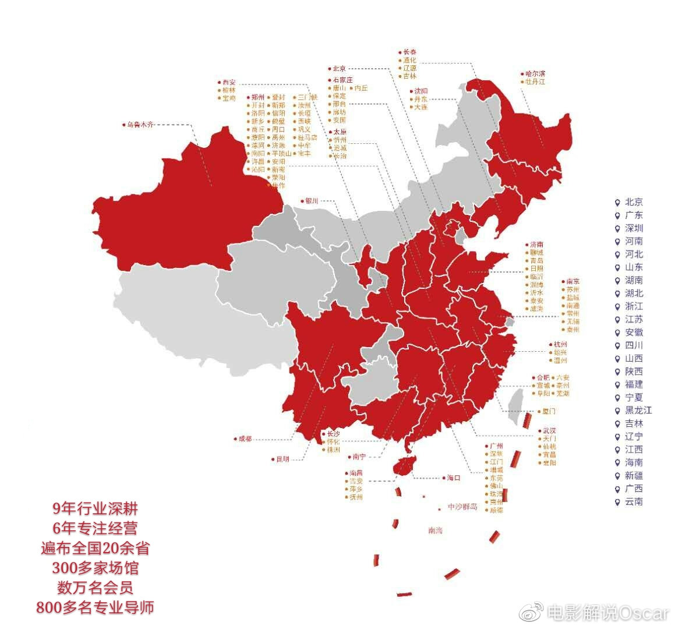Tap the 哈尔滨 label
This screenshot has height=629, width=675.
[x=535, y=74]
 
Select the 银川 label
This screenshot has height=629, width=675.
[x=312, y=201]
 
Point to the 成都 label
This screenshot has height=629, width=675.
[x=243, y=439]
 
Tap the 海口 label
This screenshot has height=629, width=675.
[x=453, y=478]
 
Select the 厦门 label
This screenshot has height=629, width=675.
[x=548, y=411]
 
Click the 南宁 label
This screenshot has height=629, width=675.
[x=359, y=457]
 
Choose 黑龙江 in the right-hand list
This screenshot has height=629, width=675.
[x=638, y=410]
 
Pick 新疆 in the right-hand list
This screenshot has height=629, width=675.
[x=634, y=475]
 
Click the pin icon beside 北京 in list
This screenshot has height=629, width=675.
[x=617, y=203]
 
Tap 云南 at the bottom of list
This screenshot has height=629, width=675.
[x=634, y=501]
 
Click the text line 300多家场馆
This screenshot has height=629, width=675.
[x=95, y=567]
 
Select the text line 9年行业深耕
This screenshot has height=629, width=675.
[x=95, y=509]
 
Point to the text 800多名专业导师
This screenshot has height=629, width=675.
[x=95, y=607]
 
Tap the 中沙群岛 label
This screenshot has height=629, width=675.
[x=462, y=507]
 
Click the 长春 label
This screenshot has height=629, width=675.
[x=410, y=52]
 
